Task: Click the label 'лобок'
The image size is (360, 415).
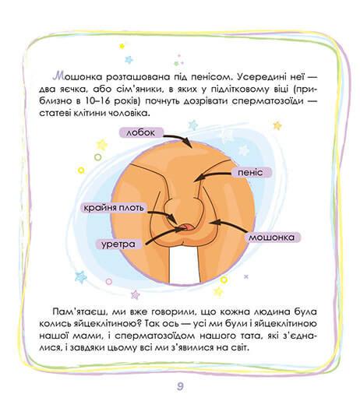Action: pos(140,132)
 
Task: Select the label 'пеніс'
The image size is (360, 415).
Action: pos(251,173)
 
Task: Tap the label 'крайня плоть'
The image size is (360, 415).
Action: pos(114,208)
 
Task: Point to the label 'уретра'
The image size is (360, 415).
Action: pos(118,244)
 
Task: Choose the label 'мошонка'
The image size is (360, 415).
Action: pos(272,237)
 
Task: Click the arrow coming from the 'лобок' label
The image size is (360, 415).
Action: pos(180,138)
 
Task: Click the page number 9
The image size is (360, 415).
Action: pos(180,387)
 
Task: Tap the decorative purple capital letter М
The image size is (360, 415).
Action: pos(58,76)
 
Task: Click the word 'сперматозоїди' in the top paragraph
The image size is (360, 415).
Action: pos(268,101)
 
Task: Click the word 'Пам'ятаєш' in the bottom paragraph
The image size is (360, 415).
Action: pos(79,312)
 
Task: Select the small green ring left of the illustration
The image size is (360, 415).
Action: pos(98,157)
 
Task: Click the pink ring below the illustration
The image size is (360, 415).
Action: pos(109,281)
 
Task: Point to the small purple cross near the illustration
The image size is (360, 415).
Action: pos(246,276)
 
